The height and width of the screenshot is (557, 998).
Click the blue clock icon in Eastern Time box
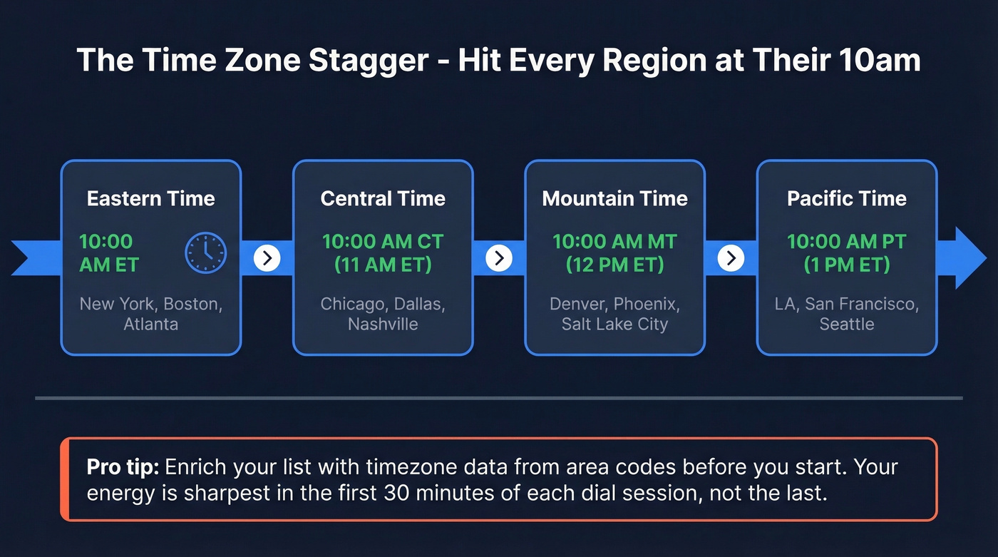click(205, 253)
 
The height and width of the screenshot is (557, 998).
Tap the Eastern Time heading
click(150, 198)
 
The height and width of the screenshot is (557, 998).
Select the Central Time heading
click(383, 198)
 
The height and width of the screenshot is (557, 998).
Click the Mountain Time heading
click(614, 198)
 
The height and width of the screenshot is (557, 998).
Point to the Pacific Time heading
click(846, 198)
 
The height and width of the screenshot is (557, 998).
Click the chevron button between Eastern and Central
click(267, 257)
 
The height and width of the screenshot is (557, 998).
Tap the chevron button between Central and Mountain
click(499, 257)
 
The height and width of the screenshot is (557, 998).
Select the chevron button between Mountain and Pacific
click(731, 257)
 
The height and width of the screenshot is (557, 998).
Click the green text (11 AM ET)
click(383, 265)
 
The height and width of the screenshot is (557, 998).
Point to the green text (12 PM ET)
click(614, 265)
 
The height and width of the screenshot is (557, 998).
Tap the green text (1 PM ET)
click(846, 265)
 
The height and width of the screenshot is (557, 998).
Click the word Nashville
click(383, 325)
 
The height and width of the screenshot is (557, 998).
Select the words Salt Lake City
click(614, 325)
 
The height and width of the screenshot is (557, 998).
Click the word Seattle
click(846, 325)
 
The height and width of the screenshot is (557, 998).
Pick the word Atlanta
click(150, 325)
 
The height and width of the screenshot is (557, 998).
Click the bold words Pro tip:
click(123, 468)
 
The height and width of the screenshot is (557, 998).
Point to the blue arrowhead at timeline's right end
click(969, 257)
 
